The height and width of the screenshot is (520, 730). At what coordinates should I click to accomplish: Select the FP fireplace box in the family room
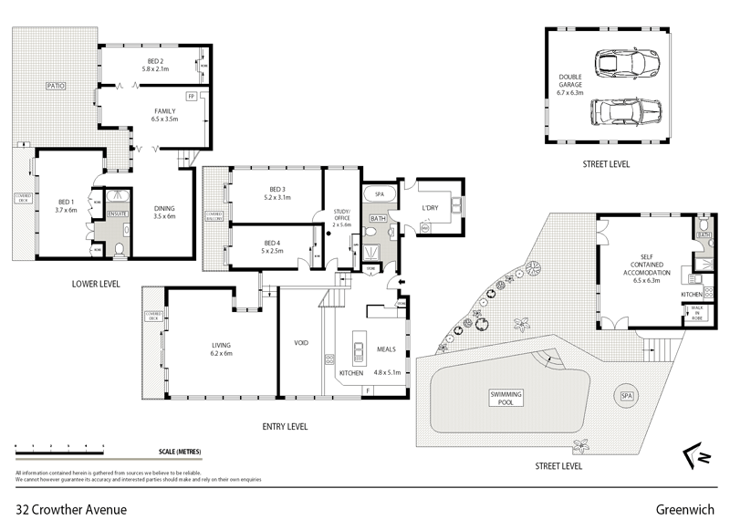click(192, 96)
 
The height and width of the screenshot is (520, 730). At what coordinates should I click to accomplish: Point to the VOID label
click(301, 343)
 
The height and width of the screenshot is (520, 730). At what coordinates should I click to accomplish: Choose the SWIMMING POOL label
click(505, 398)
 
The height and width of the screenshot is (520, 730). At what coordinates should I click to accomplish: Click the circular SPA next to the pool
click(626, 396)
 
